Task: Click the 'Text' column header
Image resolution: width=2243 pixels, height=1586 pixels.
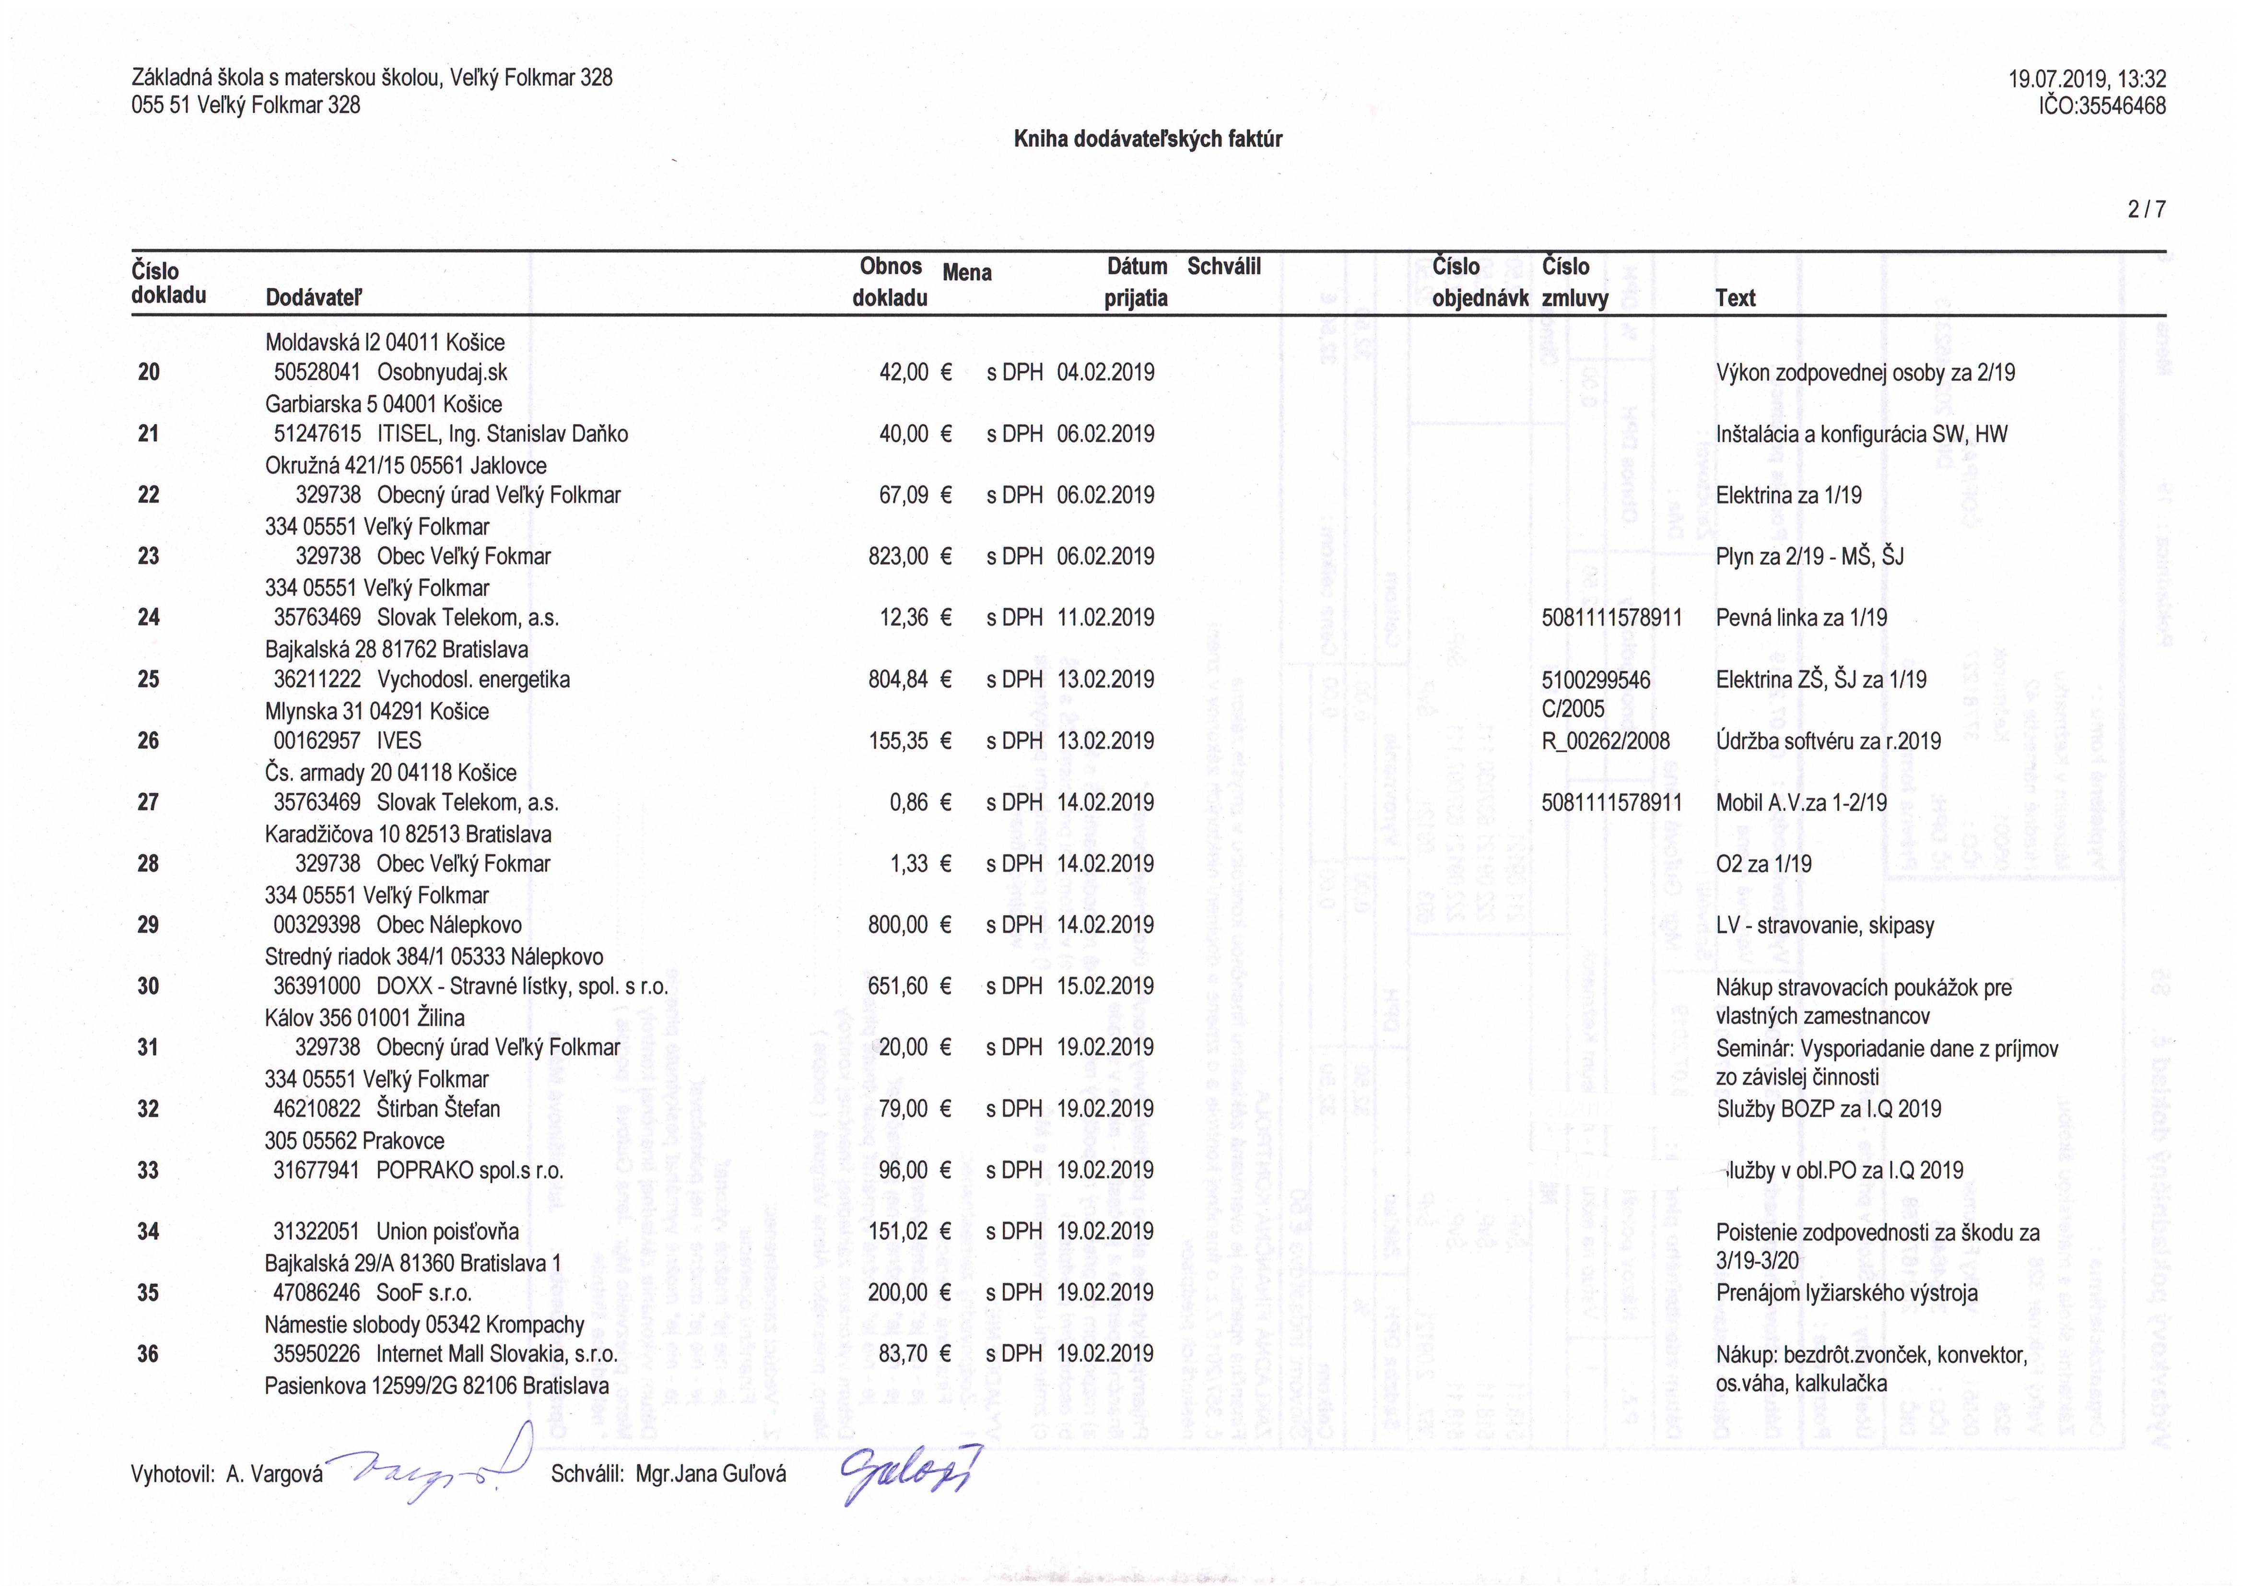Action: click(x=1735, y=298)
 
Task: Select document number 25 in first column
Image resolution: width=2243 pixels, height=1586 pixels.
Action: click(x=149, y=679)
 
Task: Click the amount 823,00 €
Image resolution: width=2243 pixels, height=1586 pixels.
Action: click(x=908, y=556)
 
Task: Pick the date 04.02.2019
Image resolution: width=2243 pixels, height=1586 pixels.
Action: click(x=1105, y=372)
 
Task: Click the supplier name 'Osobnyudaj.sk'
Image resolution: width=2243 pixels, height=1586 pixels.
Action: click(x=442, y=372)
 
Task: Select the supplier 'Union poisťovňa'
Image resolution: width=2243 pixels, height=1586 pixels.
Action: click(x=447, y=1231)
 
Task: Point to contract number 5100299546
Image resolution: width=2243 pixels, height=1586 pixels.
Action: click(x=1595, y=679)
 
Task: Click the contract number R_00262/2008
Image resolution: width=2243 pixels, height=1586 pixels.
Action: click(x=1605, y=740)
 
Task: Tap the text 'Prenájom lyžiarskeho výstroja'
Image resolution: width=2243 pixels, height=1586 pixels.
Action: click(x=1846, y=1293)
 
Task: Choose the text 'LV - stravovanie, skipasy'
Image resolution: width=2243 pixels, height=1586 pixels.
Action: click(x=1824, y=926)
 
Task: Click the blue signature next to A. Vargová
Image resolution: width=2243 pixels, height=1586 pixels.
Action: click(x=430, y=1466)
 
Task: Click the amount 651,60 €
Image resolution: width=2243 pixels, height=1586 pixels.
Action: click(x=908, y=986)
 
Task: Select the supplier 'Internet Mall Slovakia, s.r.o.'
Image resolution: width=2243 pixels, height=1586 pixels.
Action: click(x=496, y=1354)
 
